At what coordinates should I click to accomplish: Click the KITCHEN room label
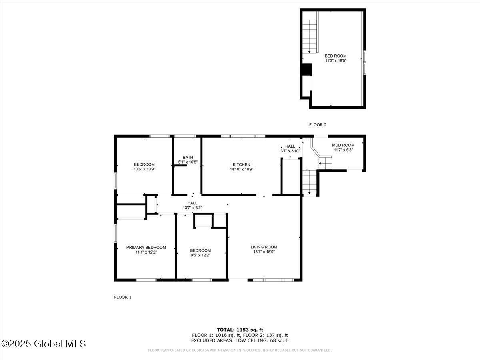[241, 164]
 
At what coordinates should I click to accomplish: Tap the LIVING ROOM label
[264, 247]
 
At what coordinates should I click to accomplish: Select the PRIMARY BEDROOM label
[146, 247]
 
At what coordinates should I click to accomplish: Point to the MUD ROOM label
[343, 145]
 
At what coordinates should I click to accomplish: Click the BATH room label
[188, 157]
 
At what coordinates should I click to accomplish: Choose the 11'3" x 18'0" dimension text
[335, 61]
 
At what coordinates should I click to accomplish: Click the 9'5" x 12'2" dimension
[200, 255]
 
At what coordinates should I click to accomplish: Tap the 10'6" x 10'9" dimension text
[144, 169]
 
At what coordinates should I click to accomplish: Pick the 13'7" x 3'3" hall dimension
[192, 208]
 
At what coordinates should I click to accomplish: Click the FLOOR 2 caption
[318, 125]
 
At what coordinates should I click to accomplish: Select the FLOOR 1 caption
[123, 297]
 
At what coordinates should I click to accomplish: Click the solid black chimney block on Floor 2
[306, 70]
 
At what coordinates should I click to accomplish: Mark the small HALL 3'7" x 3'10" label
[290, 148]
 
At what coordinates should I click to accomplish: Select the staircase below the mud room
[309, 182]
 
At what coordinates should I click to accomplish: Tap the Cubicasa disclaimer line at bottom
[240, 350]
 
